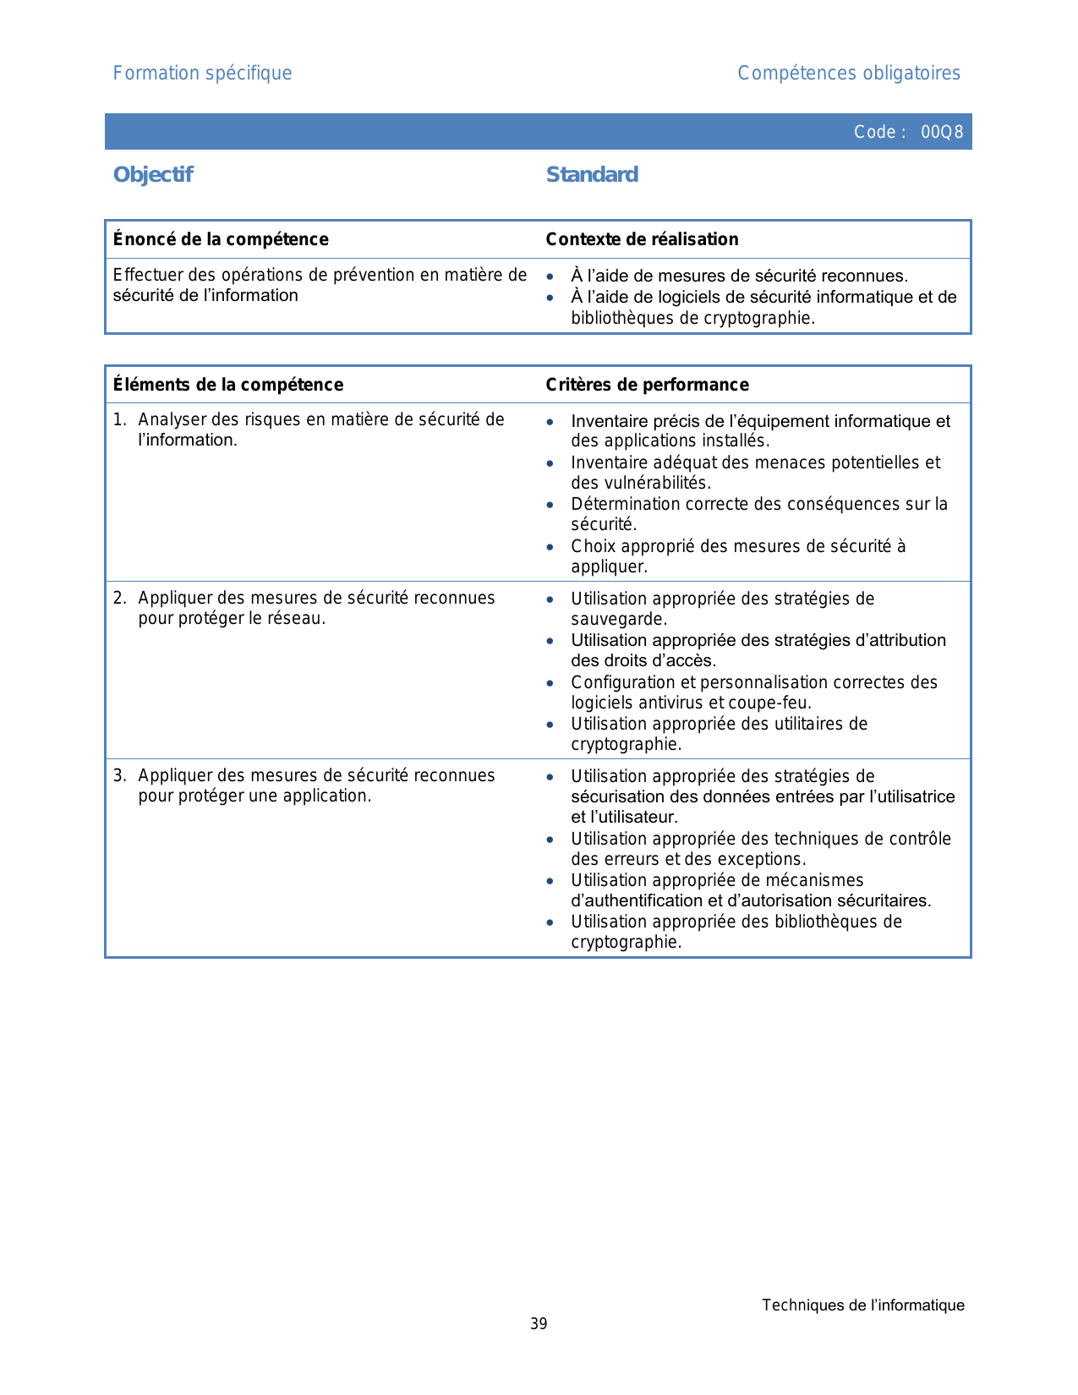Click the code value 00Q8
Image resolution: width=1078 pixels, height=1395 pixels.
point(942,132)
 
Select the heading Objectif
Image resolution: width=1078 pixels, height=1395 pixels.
point(153,175)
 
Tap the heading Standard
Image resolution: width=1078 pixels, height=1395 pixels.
point(592,175)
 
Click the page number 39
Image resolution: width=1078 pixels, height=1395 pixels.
point(539,1324)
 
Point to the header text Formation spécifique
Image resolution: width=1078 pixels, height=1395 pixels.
point(202,74)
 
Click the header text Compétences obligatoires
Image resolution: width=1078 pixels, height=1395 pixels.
point(849,74)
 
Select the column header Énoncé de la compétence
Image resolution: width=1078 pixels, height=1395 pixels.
point(221,239)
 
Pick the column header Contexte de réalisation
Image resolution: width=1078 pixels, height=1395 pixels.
point(642,239)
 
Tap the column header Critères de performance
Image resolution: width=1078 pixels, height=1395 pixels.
point(647,385)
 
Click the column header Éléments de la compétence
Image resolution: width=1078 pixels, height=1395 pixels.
point(228,385)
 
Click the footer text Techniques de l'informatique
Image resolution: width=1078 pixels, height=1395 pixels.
point(862,1305)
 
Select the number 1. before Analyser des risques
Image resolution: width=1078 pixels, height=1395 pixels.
point(119,420)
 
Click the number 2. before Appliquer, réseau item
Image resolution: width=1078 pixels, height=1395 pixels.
point(119,599)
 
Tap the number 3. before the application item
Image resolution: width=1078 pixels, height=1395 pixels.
point(119,776)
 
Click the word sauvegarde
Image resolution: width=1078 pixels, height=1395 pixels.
point(617,619)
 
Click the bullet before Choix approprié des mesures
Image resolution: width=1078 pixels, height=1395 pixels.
point(550,547)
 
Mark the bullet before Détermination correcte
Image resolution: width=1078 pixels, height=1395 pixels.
point(550,505)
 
